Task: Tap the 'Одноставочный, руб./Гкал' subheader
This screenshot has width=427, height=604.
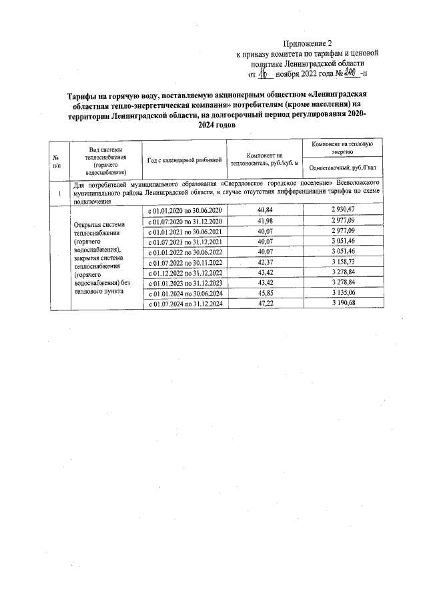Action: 342,168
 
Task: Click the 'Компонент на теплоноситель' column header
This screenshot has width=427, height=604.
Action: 265,159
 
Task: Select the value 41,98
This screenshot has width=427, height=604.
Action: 266,220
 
